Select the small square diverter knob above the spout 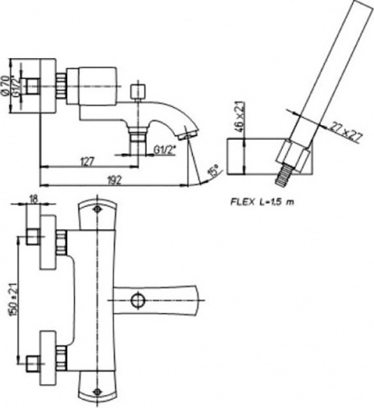click(138, 92)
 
